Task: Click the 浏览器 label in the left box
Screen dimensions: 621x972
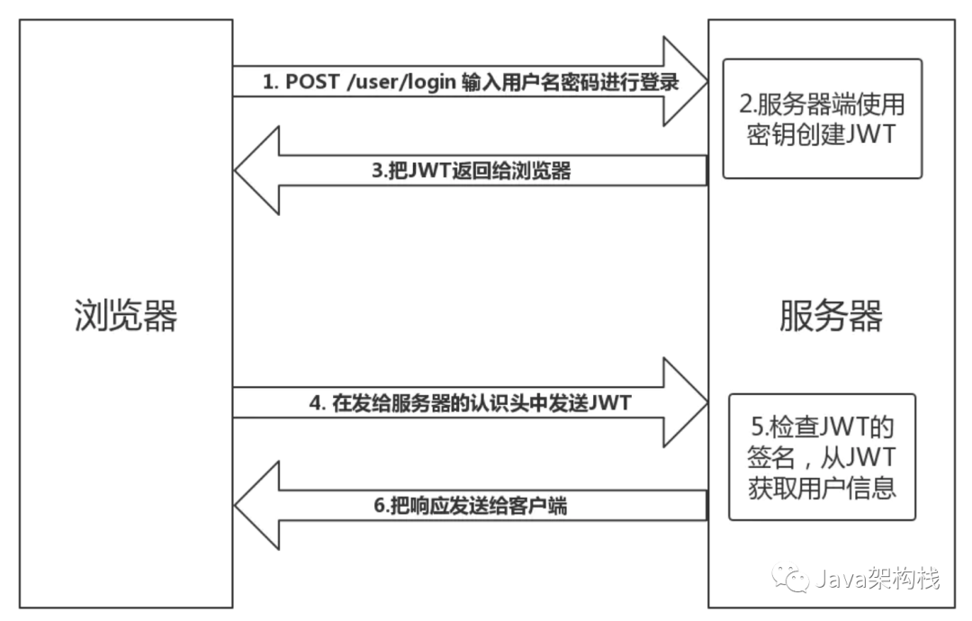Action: coord(125,315)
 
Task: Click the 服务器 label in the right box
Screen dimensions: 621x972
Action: coord(830,315)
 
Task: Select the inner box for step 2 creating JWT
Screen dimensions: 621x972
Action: coord(823,118)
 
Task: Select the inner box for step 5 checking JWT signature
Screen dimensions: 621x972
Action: coord(822,456)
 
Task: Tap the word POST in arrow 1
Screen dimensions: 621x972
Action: coord(311,82)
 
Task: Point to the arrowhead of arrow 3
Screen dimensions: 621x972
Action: coord(256,169)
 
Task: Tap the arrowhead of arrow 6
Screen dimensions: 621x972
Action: coord(256,506)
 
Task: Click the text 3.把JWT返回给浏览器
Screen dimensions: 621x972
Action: coord(472,171)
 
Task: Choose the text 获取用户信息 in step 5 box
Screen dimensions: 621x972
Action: coord(822,488)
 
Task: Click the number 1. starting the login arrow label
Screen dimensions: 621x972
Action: coord(272,82)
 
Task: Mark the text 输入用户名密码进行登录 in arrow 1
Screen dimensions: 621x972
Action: coord(570,82)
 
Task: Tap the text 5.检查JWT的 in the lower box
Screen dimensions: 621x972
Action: coord(822,424)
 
